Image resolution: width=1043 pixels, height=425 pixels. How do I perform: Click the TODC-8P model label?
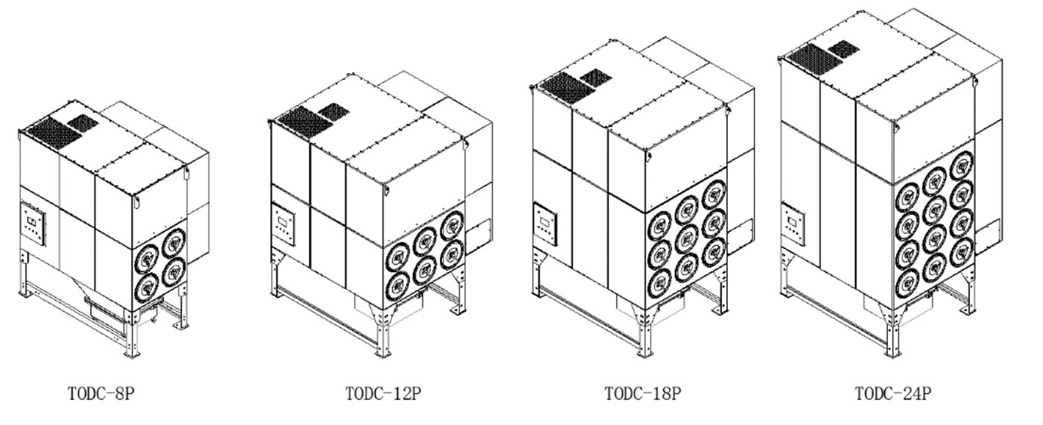coord(101,394)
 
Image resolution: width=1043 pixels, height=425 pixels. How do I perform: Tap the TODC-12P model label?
coord(383,394)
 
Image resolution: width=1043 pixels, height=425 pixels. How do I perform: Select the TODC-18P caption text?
coord(642,394)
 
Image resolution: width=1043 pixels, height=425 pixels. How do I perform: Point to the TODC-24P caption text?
coord(893,394)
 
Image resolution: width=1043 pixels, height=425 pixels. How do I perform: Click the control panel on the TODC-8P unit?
coord(34,224)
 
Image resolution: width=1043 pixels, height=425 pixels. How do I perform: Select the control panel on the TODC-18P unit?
coord(545,224)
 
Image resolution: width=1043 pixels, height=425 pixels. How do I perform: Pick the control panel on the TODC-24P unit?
coord(793,224)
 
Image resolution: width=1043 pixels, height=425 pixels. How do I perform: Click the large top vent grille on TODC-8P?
coord(52,133)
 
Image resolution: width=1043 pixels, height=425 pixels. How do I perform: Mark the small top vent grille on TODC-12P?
coord(334,110)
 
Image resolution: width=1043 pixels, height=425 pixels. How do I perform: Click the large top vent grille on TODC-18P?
coord(565,88)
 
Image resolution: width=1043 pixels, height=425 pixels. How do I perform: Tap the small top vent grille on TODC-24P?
coord(843,49)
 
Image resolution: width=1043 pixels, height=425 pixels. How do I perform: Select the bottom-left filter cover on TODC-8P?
coord(147,288)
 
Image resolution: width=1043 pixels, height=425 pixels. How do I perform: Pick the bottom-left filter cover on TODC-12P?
coord(398,285)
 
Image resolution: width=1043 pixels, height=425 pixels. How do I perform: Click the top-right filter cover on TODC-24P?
coord(962,166)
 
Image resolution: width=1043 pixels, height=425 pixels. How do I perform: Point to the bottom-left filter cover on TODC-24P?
coord(907,283)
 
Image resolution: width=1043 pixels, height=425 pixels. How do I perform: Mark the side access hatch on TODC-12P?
coord(478,237)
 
